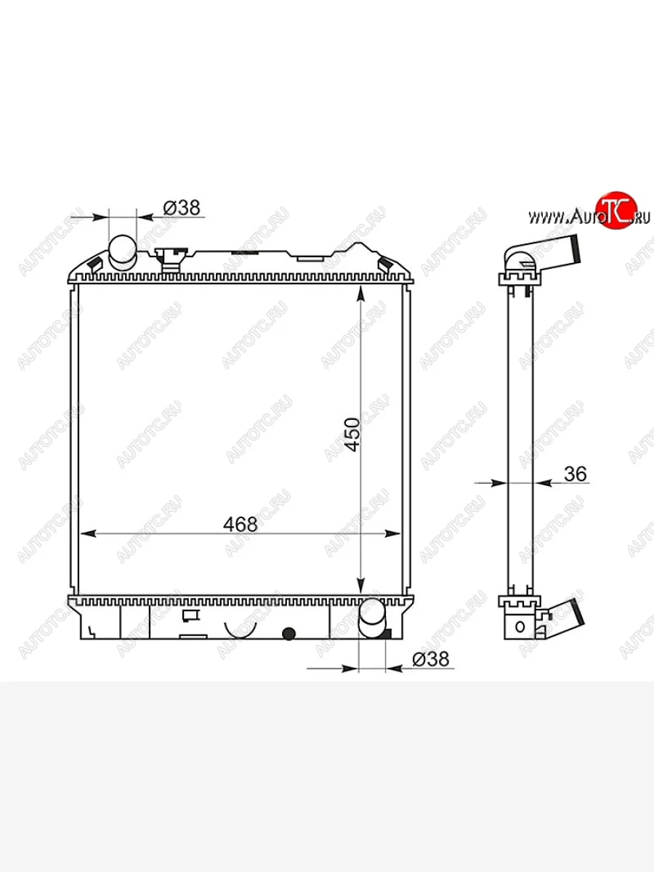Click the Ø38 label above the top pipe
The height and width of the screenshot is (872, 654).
182,208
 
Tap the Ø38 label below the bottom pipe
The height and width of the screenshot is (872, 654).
431,659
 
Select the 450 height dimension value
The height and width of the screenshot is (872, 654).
352,435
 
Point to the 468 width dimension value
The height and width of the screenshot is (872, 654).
241,524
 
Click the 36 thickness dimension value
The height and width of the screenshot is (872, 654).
575,474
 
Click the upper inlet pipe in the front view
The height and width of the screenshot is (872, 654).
123,251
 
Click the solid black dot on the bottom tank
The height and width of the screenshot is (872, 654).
288,633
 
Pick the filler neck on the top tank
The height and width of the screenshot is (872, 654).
169,259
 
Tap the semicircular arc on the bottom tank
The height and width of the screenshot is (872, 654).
241,629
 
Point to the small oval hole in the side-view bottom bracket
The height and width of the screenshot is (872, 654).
520,626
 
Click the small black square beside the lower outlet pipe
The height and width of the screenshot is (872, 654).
388,633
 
